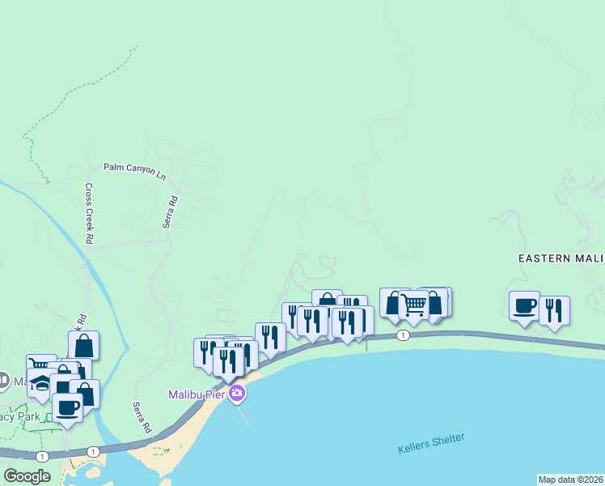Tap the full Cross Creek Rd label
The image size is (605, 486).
coord(89,212)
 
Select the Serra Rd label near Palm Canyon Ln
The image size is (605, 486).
coord(171,211)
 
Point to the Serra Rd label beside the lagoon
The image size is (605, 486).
coord(142,417)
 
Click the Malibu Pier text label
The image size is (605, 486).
coord(197,394)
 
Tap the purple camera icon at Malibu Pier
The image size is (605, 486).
coord(237,394)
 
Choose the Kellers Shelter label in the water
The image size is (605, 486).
coord(431,444)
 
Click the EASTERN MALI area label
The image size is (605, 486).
coord(561,258)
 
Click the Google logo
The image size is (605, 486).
coord(27,475)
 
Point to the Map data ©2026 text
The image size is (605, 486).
coord(570,480)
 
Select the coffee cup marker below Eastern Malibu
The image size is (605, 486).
coord(524,306)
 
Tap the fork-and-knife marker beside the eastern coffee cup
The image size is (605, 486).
coord(554,311)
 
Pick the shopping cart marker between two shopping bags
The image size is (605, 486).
coord(413,305)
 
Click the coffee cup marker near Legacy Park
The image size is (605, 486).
coord(67,407)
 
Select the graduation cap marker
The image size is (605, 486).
coord(42,383)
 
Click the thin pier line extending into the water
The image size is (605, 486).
coord(243,414)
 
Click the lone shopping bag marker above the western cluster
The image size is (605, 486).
coord(83,345)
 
